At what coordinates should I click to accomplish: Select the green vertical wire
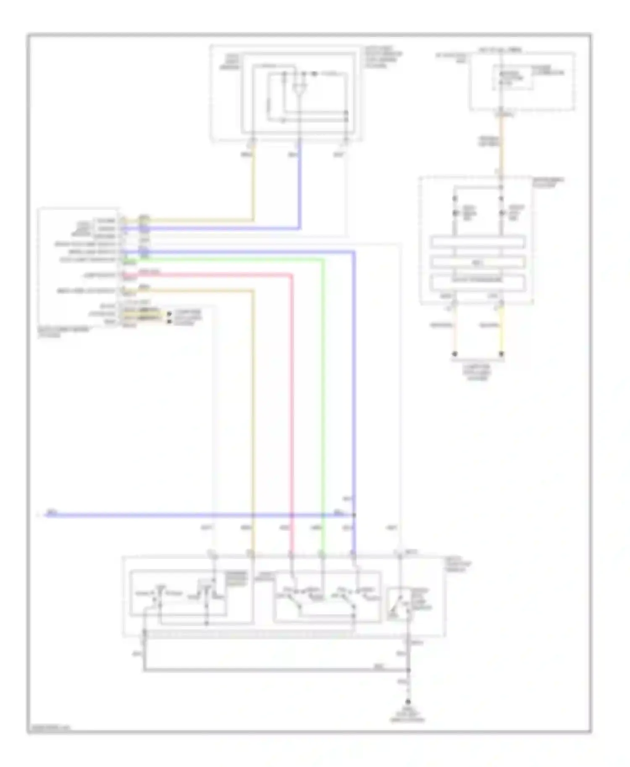pos(323,399)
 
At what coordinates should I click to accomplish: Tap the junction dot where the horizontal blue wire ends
pos(354,515)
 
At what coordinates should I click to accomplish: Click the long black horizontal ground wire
pos(273,670)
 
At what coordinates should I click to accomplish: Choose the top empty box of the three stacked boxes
pos(478,243)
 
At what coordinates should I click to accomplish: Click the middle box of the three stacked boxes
pos(478,263)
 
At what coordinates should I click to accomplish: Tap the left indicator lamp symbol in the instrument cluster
pos(455,213)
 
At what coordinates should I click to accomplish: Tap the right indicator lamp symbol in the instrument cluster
pos(501,213)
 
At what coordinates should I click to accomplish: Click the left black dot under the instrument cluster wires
pos(455,354)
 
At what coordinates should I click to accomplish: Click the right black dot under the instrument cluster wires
pos(501,354)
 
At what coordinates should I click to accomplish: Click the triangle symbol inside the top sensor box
pos(299,89)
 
